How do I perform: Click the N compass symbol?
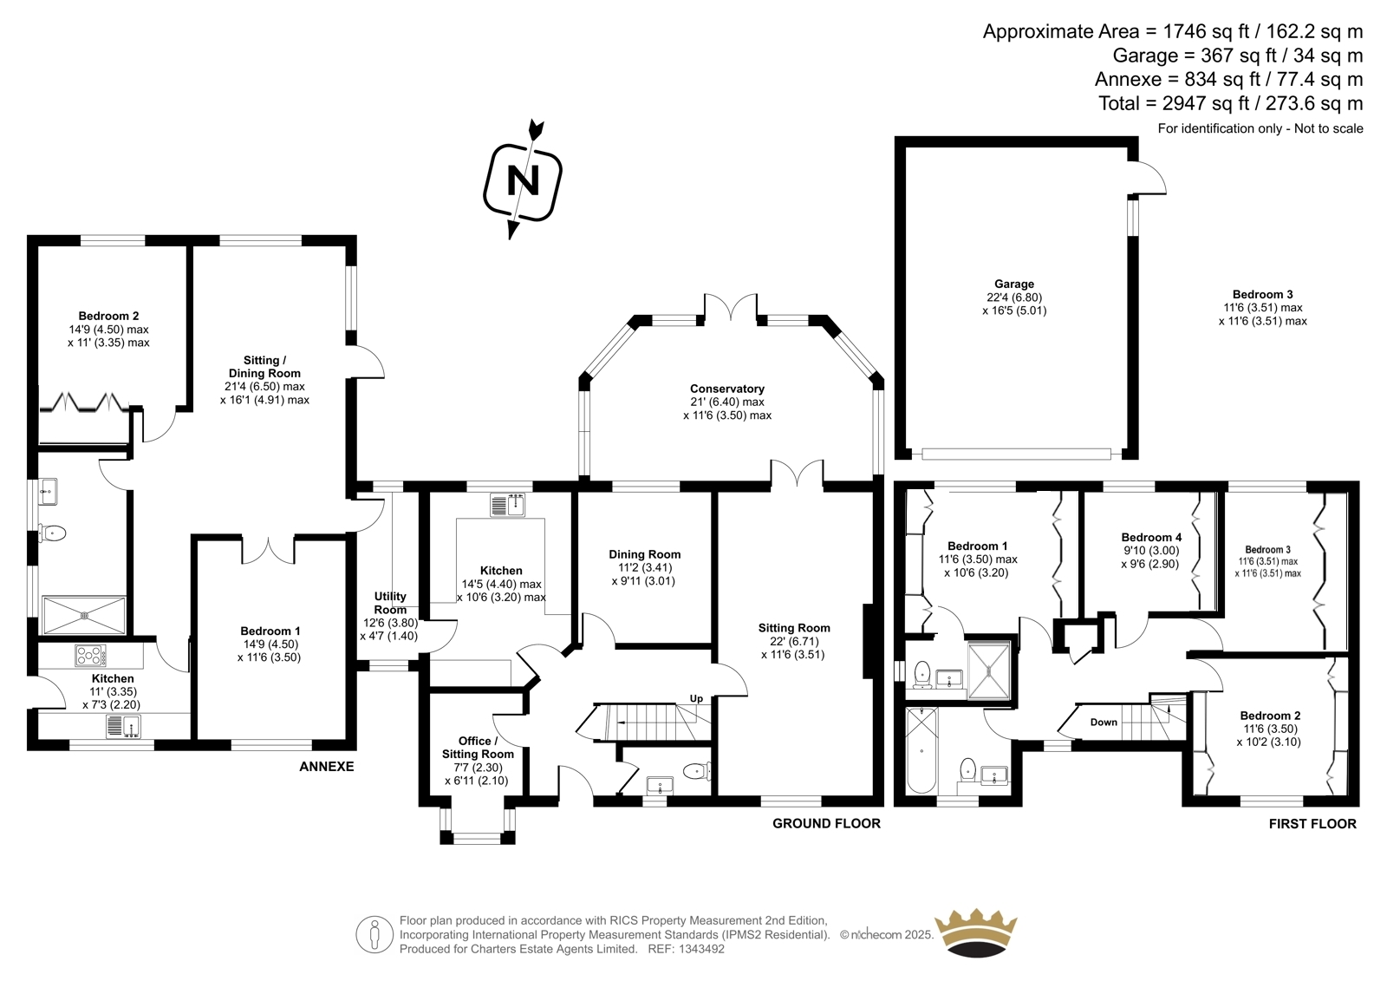click(x=523, y=180)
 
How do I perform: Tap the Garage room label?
click(x=1014, y=284)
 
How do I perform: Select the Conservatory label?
click(x=726, y=389)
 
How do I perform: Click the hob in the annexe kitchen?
click(x=90, y=655)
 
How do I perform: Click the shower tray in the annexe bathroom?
click(x=84, y=615)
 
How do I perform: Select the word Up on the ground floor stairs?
click(x=696, y=698)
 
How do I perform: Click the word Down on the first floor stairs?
click(x=1104, y=722)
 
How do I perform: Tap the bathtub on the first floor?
click(x=921, y=750)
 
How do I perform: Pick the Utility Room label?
click(x=390, y=603)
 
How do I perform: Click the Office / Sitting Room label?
click(x=478, y=747)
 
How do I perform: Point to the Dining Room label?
click(x=644, y=554)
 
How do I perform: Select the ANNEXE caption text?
click(x=327, y=767)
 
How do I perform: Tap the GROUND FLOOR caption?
click(x=826, y=823)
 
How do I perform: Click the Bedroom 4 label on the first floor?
click(x=1151, y=538)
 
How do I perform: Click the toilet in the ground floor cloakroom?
click(x=695, y=769)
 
